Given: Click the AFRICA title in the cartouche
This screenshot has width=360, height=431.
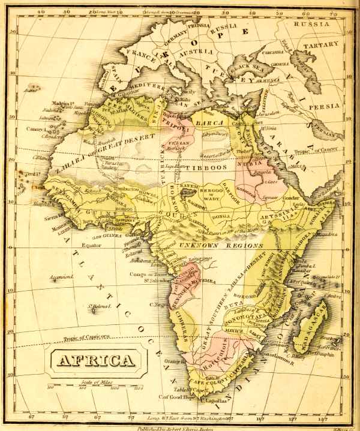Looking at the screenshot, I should pyautogui.click(x=95, y=360).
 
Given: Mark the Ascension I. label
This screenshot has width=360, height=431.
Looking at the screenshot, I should pyautogui.click(x=61, y=277).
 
